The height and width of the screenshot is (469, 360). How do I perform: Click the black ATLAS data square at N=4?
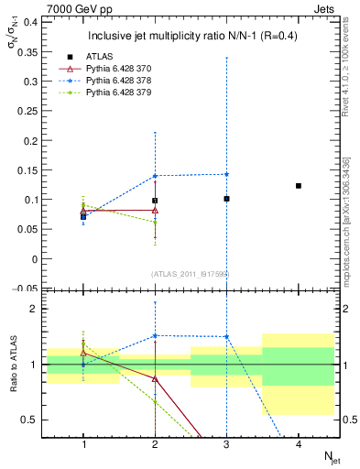click(298, 186)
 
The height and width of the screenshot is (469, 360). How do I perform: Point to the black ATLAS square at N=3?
click(226, 199)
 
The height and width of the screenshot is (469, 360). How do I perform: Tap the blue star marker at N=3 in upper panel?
click(226, 174)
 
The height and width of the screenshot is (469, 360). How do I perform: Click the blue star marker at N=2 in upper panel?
click(155, 176)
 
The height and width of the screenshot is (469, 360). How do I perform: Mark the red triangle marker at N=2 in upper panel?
click(155, 210)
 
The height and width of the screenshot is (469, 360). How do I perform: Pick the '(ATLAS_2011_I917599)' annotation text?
click(191, 274)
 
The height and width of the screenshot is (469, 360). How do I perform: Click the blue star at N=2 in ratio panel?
click(155, 335)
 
